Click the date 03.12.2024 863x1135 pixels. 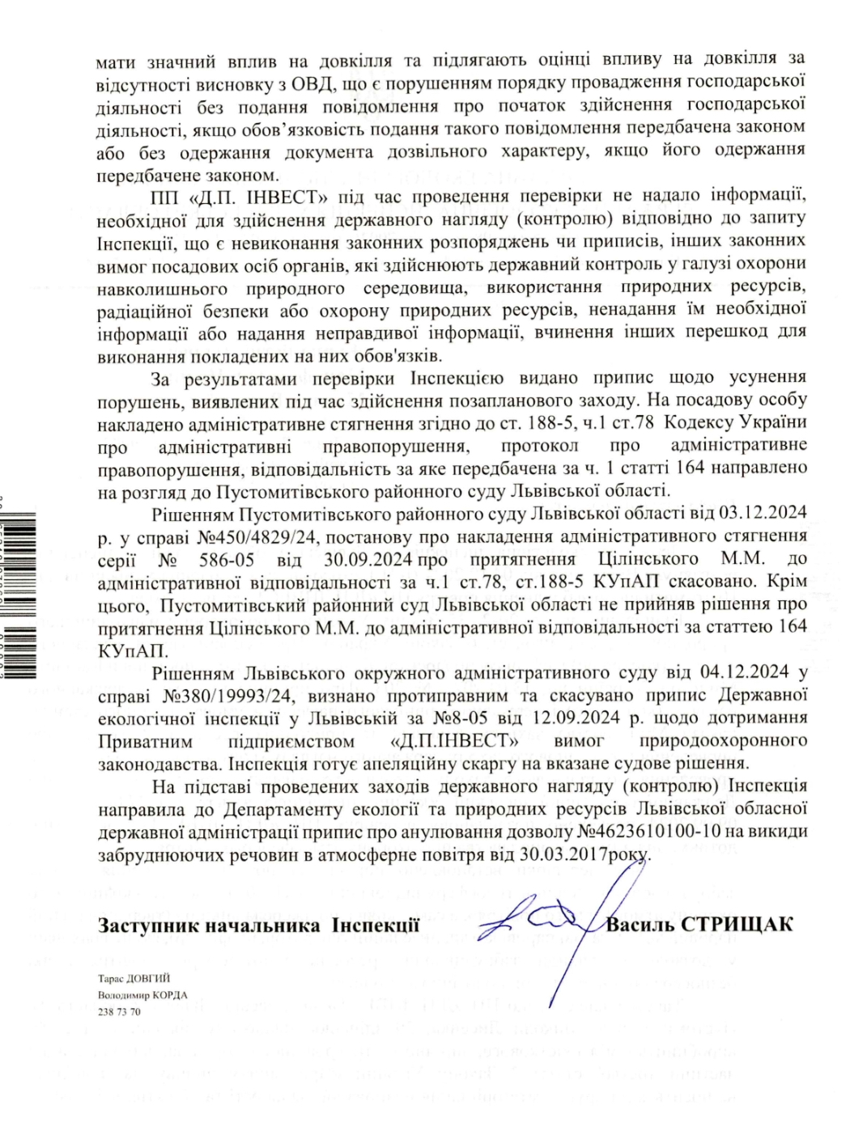click(758, 513)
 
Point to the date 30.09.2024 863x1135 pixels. click(369, 559)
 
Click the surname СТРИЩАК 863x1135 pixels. click(738, 925)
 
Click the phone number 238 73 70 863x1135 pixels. click(119, 1011)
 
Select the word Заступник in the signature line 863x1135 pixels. click(147, 925)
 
